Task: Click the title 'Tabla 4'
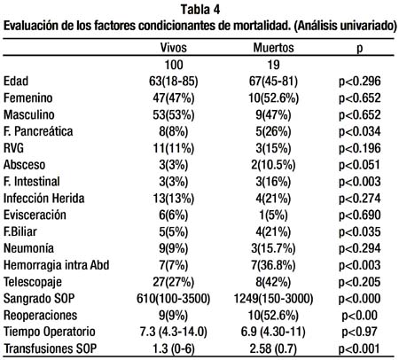[200, 10]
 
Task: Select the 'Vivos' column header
[174, 48]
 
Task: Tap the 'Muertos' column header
[274, 48]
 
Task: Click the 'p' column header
[360, 49]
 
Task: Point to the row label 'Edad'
[16, 82]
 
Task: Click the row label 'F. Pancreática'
[38, 131]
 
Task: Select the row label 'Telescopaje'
[33, 282]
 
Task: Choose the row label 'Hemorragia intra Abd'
[57, 265]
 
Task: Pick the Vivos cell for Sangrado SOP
[173, 299]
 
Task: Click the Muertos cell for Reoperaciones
[273, 316]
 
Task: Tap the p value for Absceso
[359, 165]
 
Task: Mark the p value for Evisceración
[359, 215]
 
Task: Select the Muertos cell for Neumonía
[273, 248]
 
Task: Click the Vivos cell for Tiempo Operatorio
[174, 333]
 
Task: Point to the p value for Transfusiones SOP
[359, 349]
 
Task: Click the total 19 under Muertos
[273, 65]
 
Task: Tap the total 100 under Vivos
[174, 65]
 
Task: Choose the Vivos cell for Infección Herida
[174, 199]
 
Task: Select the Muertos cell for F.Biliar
[273, 232]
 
